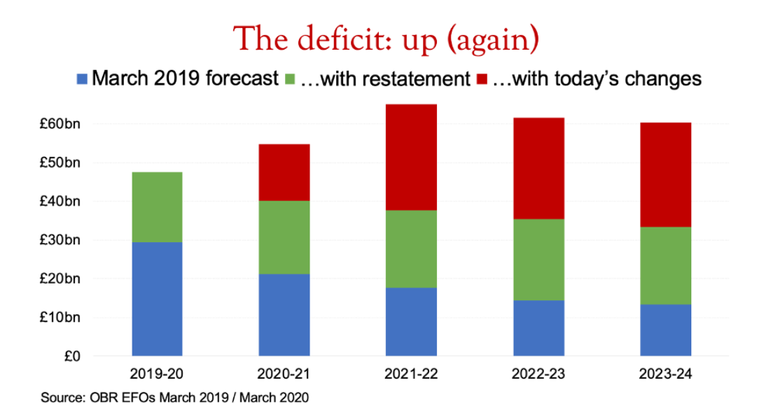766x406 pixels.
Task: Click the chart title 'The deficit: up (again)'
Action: click(x=387, y=38)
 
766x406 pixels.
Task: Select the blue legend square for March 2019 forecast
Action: click(x=82, y=78)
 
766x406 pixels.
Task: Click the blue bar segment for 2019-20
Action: click(x=157, y=299)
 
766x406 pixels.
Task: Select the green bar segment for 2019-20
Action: click(x=157, y=207)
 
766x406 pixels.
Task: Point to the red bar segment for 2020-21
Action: click(x=284, y=172)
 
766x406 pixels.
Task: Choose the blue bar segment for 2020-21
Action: click(x=284, y=315)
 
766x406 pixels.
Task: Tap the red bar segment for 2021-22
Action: click(x=412, y=157)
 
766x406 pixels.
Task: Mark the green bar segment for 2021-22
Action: click(x=412, y=248)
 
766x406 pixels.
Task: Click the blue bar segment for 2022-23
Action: click(x=539, y=328)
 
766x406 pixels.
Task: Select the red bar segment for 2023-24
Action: click(x=667, y=175)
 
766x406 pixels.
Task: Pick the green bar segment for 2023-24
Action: click(x=667, y=265)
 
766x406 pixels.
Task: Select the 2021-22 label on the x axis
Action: click(x=412, y=374)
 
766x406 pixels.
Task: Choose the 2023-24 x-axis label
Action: click(x=667, y=374)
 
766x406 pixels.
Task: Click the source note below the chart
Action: click(x=174, y=397)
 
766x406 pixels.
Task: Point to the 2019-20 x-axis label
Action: click(x=157, y=374)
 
